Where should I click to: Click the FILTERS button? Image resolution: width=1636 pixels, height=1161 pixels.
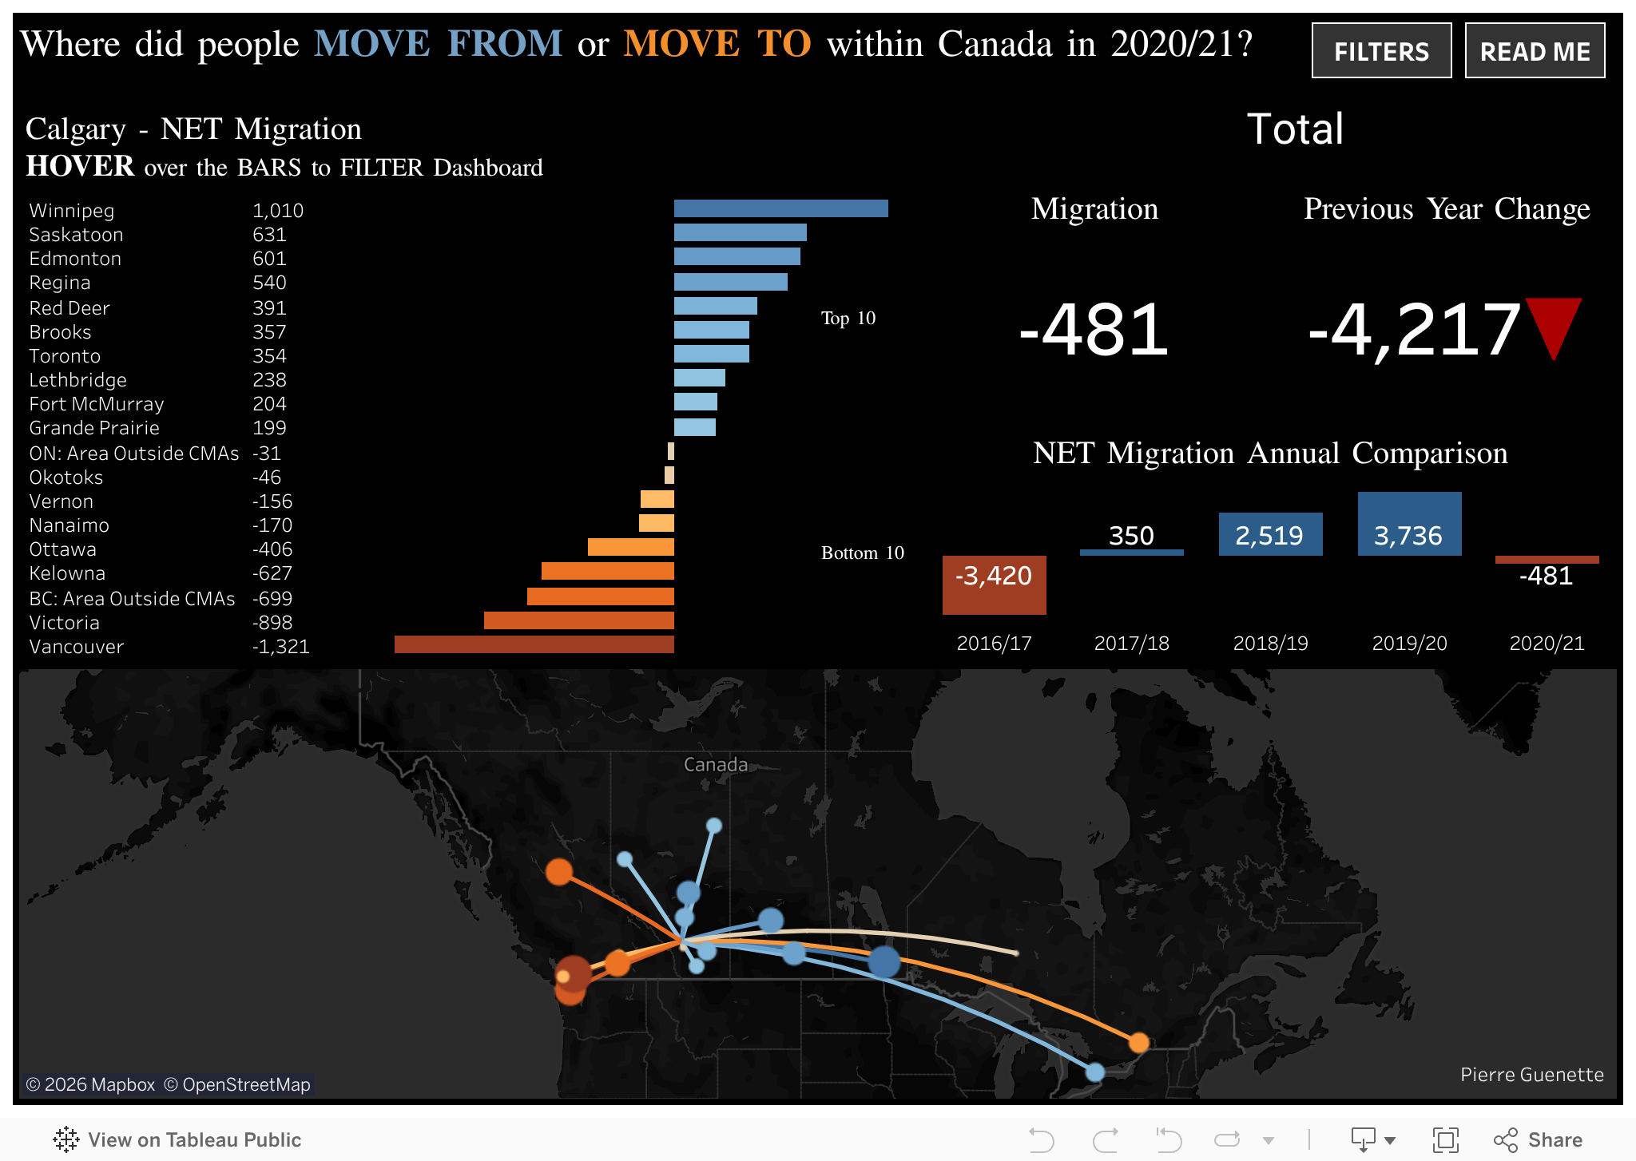click(1381, 51)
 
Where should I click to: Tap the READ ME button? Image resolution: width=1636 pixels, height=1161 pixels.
click(1535, 51)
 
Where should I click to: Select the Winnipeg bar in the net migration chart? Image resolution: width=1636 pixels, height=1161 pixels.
click(780, 209)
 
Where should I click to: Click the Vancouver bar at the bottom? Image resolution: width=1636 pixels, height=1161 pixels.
click(534, 645)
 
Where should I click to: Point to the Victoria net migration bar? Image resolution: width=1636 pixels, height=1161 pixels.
click(578, 621)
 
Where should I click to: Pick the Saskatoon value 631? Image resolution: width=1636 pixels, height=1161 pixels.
click(269, 235)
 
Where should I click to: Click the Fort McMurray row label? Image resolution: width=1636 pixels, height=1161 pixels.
click(97, 404)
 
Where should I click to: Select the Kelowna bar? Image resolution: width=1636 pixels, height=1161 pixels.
click(607, 572)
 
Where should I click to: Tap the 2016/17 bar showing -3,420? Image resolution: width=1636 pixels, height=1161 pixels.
click(994, 584)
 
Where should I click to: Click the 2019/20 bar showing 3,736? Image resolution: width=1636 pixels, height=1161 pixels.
click(1409, 524)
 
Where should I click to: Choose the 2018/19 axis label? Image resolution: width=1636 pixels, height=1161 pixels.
click(1270, 644)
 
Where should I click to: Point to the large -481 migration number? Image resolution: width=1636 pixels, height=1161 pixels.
click(1094, 329)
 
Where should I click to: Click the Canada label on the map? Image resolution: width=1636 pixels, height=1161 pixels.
click(716, 765)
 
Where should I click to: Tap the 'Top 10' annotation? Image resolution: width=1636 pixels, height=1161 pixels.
click(848, 319)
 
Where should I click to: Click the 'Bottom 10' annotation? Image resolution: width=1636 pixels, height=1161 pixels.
click(862, 553)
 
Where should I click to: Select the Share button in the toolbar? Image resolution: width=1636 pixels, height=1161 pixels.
click(1539, 1139)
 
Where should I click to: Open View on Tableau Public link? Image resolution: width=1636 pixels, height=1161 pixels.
click(177, 1139)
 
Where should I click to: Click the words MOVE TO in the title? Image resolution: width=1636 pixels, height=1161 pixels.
click(717, 44)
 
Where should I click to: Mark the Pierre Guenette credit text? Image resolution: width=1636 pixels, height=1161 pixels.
click(1531, 1075)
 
